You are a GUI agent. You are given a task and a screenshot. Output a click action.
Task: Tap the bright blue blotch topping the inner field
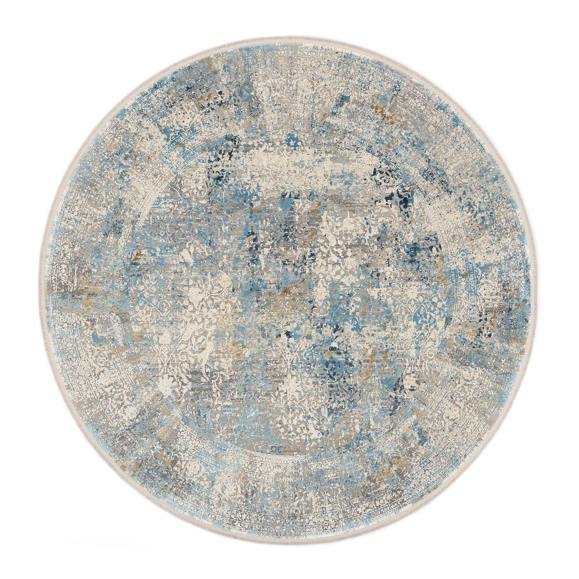click(x=291, y=140)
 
